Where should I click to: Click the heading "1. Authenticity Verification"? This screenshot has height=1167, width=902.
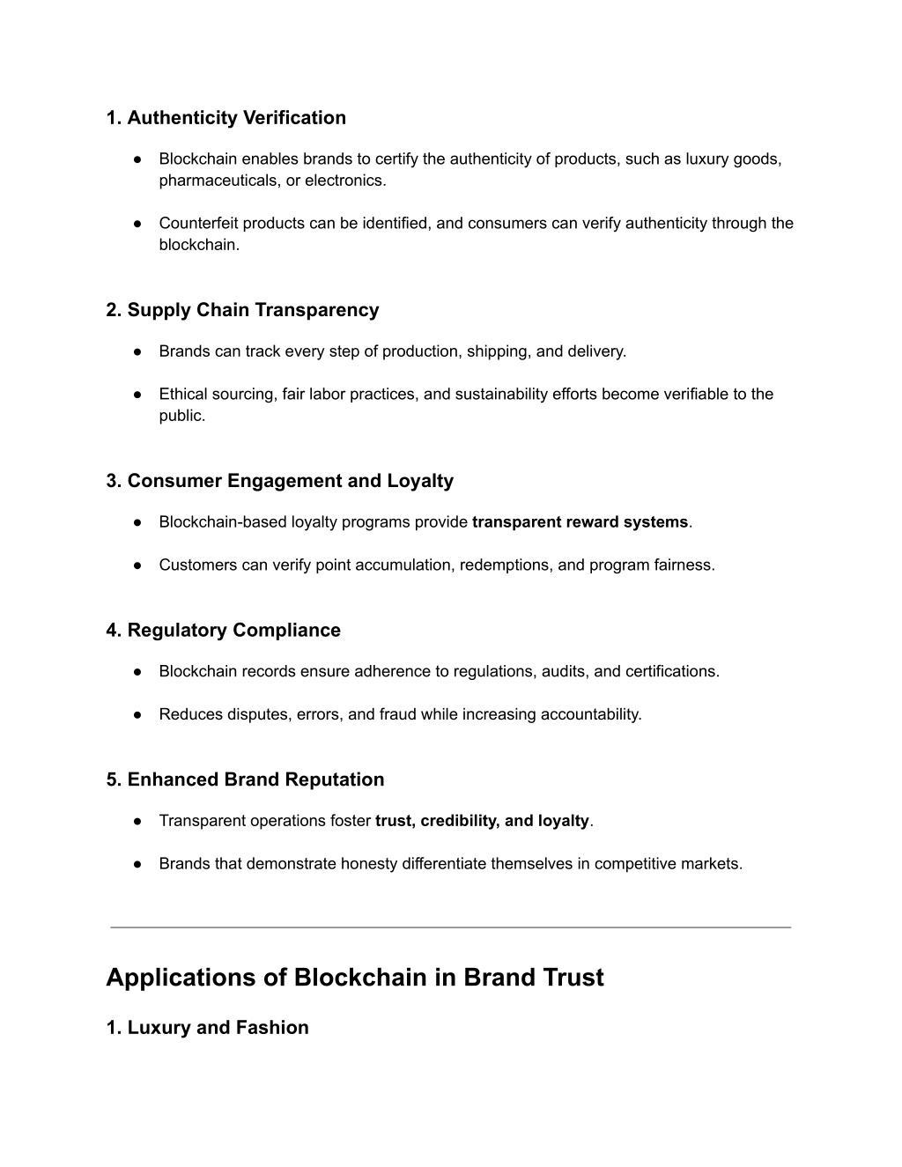[225, 118]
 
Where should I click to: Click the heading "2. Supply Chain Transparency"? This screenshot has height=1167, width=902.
[242, 310]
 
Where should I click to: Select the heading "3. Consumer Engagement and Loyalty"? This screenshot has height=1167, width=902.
[279, 481]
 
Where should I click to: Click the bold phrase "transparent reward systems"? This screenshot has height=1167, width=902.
[580, 522]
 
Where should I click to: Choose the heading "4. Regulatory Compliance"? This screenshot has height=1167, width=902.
[223, 631]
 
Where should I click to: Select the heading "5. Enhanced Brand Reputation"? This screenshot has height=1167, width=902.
[245, 779]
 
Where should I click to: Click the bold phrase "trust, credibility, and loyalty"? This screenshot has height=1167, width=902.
[482, 821]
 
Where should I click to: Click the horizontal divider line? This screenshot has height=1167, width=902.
[450, 927]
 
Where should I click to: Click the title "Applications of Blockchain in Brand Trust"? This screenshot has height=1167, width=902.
[355, 978]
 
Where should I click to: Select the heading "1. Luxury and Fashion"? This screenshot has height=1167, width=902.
[207, 1028]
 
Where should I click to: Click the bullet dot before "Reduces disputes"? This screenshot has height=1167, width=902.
[139, 714]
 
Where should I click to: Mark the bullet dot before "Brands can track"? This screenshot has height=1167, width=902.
[139, 351]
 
